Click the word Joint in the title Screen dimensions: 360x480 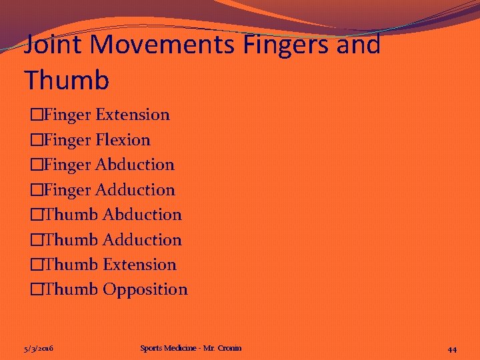coord(51,45)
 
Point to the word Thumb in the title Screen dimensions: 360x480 coord(67,79)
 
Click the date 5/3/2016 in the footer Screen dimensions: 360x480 coord(39,349)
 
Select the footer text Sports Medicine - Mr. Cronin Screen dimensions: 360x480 coord(191,348)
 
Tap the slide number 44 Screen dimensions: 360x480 coord(452,349)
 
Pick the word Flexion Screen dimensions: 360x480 coord(123,140)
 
